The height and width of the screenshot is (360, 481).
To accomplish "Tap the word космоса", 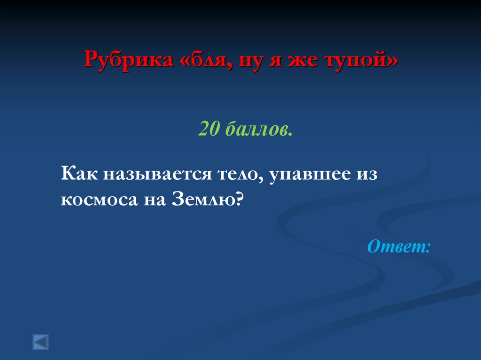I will click(x=97, y=199).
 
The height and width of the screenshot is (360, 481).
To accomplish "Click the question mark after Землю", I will click(x=239, y=199).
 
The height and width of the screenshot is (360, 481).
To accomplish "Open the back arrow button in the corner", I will click(x=40, y=342).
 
